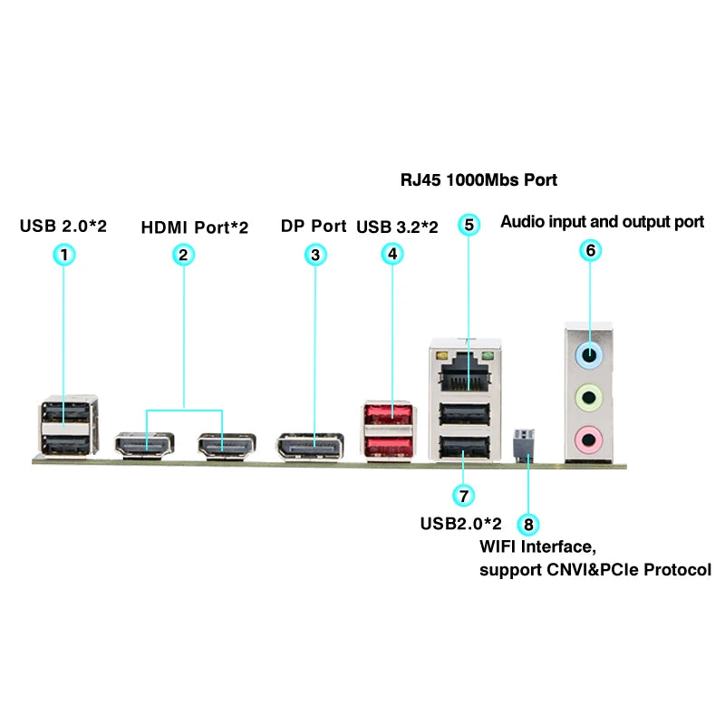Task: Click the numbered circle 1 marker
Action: tap(63, 255)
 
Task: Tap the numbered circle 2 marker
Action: tap(183, 255)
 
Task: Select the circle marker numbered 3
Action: tap(314, 255)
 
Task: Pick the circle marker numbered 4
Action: tap(392, 255)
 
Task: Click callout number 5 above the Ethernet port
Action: tap(468, 225)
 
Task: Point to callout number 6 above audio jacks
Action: tap(590, 251)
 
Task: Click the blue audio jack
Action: tap(590, 355)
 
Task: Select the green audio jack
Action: tap(590, 396)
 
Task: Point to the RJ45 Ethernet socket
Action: tap(463, 369)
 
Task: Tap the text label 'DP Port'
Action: tap(314, 226)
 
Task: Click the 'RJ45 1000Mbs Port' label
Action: tap(478, 179)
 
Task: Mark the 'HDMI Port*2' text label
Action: tap(194, 226)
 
